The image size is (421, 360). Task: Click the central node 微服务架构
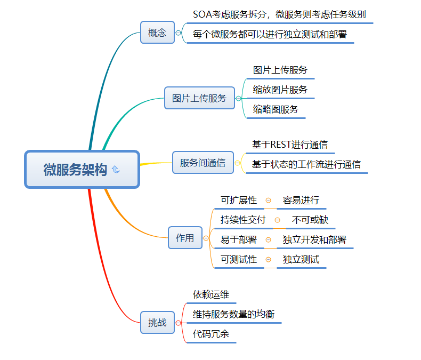pos(76,170)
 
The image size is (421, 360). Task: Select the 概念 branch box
pos(157,33)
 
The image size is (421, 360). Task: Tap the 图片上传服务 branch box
pos(199,98)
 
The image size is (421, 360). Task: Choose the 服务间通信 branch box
pos(203,163)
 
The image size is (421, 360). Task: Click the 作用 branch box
pos(185,238)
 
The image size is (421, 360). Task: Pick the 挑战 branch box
pos(157,323)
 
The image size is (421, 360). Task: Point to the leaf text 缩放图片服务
pos(280,90)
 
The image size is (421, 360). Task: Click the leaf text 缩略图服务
pos(276,109)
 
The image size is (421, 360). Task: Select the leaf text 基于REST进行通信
pos(290,145)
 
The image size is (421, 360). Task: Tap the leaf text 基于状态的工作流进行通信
pos(306,164)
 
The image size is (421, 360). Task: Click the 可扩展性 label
pos(239,200)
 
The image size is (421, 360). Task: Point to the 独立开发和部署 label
pos(314,239)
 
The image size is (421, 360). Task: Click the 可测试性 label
pos(239,259)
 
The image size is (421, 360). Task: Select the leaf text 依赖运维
pos(211,294)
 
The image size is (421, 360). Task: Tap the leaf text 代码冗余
pos(211,334)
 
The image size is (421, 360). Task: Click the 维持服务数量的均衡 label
pos(233,314)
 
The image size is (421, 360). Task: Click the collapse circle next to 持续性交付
pos(277,220)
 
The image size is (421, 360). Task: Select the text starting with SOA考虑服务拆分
pos(279,14)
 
